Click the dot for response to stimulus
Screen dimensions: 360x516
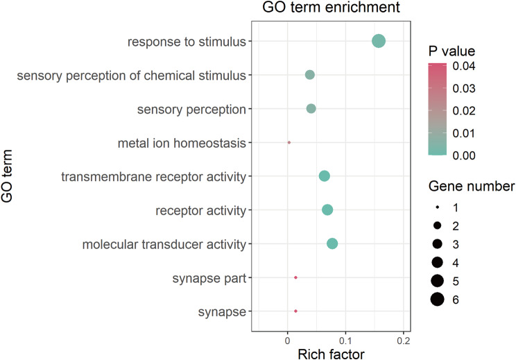tap(378, 41)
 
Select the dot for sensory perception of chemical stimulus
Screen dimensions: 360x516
tap(310, 75)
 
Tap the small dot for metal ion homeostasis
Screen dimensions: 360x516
tap(289, 142)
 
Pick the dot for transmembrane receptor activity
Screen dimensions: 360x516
tap(324, 176)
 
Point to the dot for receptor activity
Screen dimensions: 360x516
tap(327, 209)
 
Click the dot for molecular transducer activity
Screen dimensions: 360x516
tap(332, 243)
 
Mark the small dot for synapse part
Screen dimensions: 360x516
tap(295, 277)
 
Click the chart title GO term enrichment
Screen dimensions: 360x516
tap(332, 10)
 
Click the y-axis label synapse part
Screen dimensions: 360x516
tap(209, 278)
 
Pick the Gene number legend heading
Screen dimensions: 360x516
tap(471, 187)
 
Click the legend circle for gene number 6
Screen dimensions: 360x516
tap(437, 299)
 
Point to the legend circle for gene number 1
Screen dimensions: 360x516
tap(437, 207)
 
